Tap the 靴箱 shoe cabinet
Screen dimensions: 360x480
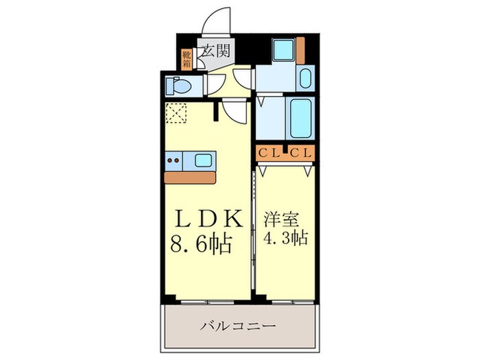(x=186, y=60)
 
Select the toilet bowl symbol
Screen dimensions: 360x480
(x=179, y=86)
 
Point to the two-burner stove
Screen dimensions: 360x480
(x=174, y=160)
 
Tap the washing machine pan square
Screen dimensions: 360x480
(x=282, y=51)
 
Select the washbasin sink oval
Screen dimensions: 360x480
(x=305, y=78)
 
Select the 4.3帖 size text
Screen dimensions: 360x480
(x=285, y=239)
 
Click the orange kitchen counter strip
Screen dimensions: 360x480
(x=189, y=176)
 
